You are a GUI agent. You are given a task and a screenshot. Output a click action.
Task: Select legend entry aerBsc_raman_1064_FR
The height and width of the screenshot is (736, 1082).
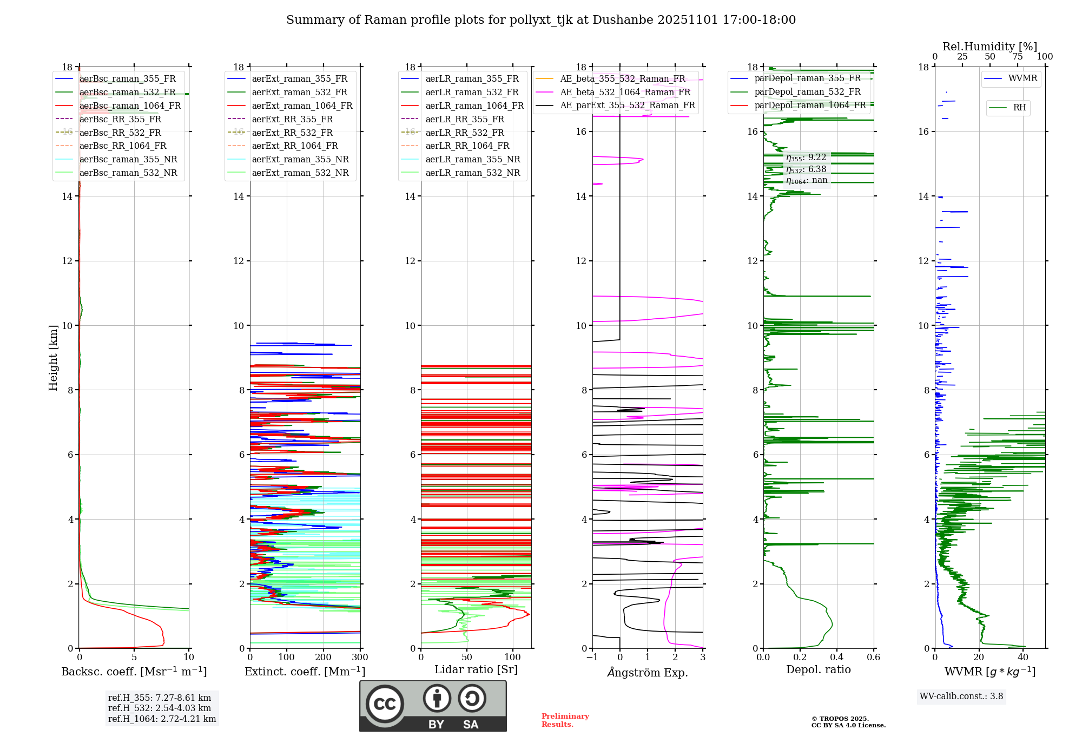130,106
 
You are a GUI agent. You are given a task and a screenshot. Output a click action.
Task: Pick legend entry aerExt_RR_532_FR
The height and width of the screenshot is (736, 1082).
292,133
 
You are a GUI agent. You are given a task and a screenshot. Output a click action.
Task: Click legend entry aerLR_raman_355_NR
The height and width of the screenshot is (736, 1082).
473,159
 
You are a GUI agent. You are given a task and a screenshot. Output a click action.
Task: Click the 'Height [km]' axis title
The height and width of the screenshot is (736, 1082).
53,358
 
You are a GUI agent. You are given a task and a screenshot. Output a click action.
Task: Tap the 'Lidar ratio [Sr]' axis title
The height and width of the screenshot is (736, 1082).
476,670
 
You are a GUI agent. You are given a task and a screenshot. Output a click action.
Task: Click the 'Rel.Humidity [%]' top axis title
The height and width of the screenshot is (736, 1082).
990,47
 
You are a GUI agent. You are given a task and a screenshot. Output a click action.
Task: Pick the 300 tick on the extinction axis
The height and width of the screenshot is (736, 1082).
360,657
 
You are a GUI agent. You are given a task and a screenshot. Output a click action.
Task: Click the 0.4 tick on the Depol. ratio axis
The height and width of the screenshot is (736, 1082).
837,657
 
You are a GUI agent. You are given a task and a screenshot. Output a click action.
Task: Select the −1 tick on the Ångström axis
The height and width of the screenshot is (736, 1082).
592,657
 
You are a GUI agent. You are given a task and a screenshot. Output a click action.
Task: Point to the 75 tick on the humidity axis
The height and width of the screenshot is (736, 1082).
1018,57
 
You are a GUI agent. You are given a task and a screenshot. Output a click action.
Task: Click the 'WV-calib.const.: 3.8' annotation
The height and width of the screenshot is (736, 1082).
961,696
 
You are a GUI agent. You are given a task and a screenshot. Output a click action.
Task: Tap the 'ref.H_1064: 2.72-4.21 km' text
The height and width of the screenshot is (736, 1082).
162,719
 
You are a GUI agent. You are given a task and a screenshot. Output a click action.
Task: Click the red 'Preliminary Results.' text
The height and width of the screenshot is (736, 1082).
565,720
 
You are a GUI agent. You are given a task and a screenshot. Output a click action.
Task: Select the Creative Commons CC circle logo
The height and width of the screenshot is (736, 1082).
385,704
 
